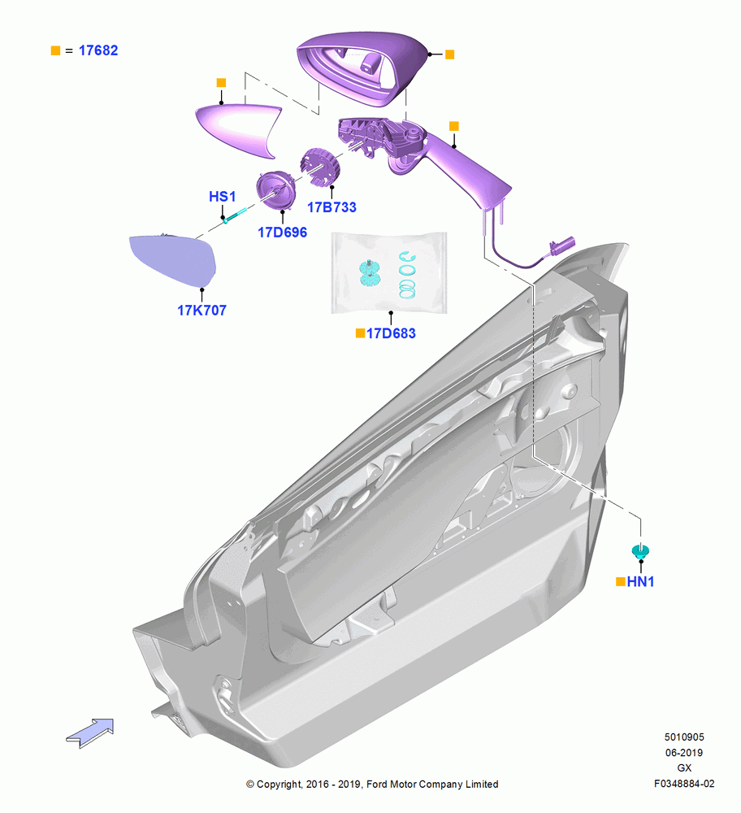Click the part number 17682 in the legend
pos(98,50)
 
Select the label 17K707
pos(201,310)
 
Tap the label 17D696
pos(283,233)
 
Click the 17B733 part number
pos(331,207)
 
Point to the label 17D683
pos(391,333)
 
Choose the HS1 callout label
pos(223,197)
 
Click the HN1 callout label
pos(640,582)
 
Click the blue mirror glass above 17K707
pos(174,260)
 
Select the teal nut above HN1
pos(641,551)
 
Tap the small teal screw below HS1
pos(236,215)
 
